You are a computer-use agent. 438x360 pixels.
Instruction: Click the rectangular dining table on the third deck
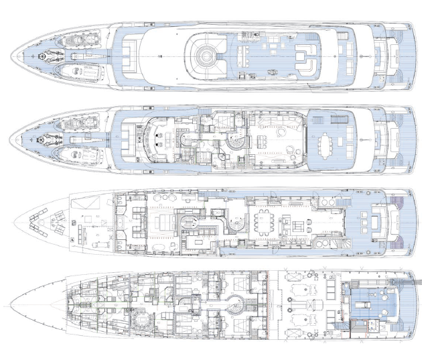point(263,221)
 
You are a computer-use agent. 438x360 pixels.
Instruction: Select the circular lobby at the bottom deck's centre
point(235,303)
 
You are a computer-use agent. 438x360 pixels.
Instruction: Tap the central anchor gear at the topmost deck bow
point(47,57)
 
